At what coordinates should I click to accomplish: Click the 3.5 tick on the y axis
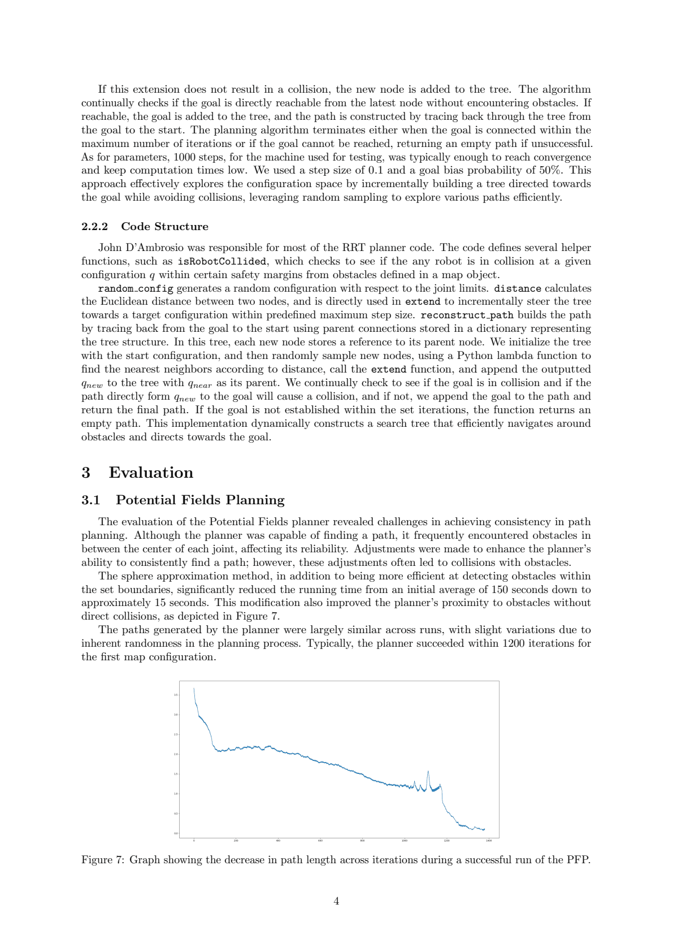click(x=176, y=695)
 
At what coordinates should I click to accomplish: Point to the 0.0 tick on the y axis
click(x=176, y=833)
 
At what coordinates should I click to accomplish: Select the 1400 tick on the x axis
click(x=488, y=841)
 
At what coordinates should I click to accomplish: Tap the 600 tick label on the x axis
click(x=320, y=841)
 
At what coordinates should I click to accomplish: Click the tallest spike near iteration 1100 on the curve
click(x=428, y=771)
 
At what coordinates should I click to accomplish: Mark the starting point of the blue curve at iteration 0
click(x=194, y=689)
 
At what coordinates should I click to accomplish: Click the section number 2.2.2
click(x=94, y=227)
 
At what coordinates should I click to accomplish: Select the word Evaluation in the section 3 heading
click(x=151, y=473)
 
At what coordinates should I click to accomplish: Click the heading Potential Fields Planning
click(x=200, y=500)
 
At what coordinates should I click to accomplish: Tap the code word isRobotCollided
click(x=222, y=261)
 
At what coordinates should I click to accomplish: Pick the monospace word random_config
click(x=136, y=288)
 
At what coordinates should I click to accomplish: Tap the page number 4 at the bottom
click(x=336, y=901)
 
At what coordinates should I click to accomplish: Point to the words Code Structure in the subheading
click(x=164, y=227)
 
